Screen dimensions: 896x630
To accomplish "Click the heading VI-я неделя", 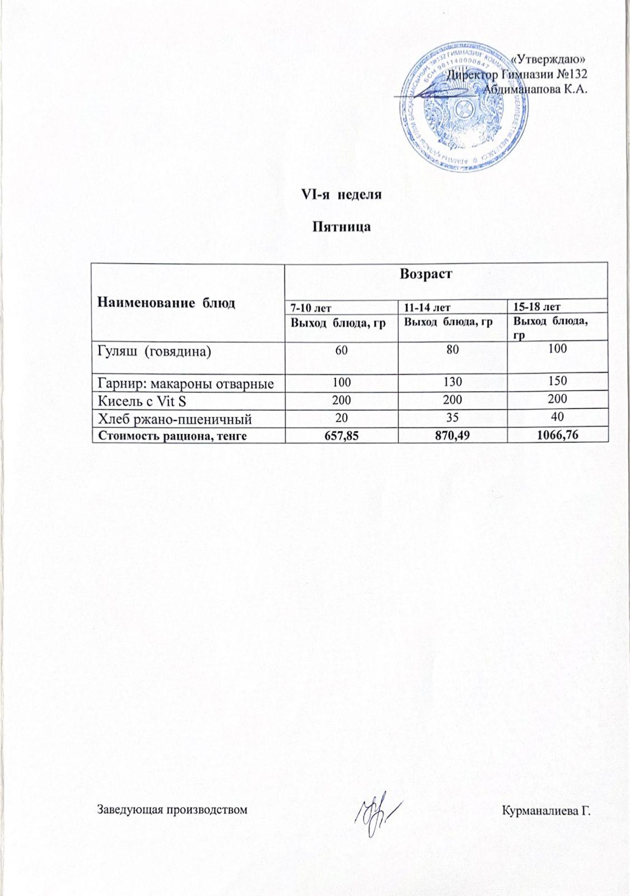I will point(341,195).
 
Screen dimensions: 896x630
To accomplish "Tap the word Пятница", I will point(341,227).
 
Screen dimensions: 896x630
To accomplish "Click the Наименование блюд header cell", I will point(166,303).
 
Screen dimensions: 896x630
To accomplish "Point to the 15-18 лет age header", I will point(537,306).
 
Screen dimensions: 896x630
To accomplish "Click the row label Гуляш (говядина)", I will point(155,352).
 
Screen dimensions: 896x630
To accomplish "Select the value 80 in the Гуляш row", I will point(453,350).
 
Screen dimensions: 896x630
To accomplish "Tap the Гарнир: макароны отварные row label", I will point(186,384).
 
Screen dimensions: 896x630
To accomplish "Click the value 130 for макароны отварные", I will point(452,382).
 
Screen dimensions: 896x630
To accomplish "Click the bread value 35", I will point(452,417).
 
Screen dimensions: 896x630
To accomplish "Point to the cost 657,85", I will point(341,435).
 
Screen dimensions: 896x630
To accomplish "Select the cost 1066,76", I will point(557,435).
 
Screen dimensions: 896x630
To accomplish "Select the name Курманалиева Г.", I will point(547,810).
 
